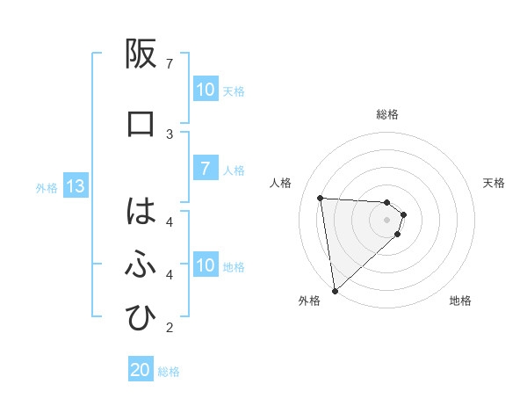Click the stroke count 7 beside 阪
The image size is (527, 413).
pos(170,64)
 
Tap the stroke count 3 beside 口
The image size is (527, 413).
pos(170,134)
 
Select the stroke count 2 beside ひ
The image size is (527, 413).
pos(170,329)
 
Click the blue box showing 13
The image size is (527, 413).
pos(75,186)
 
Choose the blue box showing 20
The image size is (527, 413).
pos(141,370)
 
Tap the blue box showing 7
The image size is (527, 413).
pos(206,169)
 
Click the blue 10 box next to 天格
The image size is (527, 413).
pos(206,90)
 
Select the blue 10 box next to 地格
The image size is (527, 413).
pos(206,265)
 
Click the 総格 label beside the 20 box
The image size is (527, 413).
pos(169,372)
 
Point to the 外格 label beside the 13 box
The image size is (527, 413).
pos(47,187)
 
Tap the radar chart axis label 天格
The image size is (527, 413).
pos(494,183)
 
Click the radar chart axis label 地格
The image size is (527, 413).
pos(460,301)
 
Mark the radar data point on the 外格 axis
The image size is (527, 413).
pos(334,290)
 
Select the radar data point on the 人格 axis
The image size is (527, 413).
pos(321,198)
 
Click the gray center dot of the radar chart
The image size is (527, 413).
pos(387,219)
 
